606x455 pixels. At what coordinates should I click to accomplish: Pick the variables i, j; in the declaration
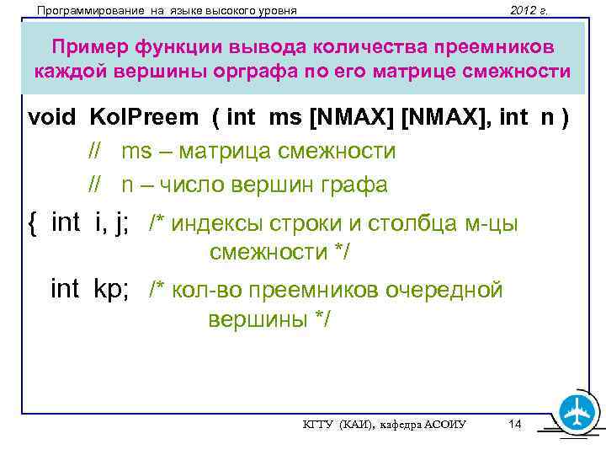pos(111,222)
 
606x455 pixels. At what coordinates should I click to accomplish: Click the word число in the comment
pos(191,185)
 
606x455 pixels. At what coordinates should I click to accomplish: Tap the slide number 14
pos(515,424)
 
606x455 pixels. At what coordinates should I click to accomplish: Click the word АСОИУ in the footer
pos(446,426)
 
